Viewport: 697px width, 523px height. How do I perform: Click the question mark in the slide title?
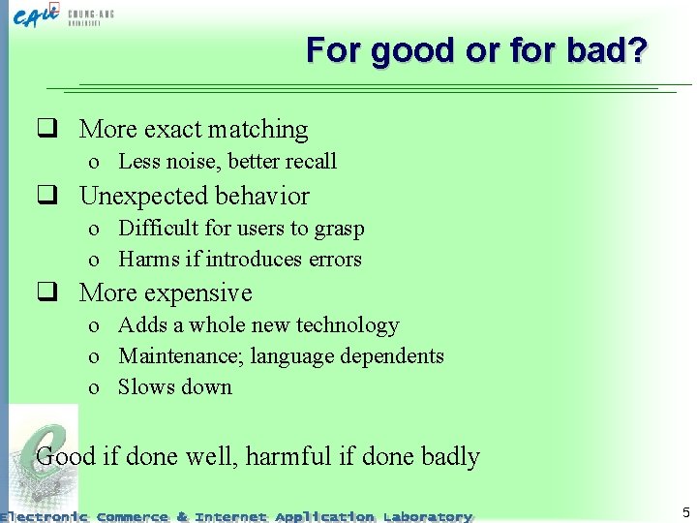pos(635,50)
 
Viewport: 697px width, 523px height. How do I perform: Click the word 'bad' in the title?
pos(593,50)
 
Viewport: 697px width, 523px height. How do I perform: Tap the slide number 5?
pos(685,512)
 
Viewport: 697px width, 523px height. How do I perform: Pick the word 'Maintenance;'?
pos(181,356)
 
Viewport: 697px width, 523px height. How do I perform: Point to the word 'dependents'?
pos(393,356)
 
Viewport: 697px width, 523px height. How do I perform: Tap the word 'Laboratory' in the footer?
pos(427,516)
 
